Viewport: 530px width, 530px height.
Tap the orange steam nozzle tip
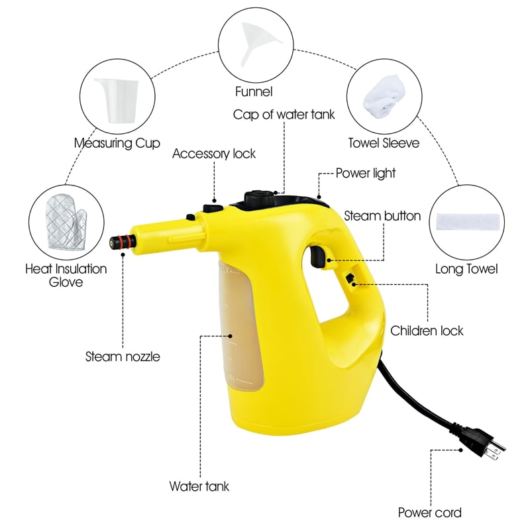coord(119,241)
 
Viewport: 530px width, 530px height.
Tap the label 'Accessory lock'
coord(213,154)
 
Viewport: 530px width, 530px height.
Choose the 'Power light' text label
coord(365,173)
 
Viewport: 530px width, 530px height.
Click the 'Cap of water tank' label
coord(284,115)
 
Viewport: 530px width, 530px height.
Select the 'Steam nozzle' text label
coord(123,356)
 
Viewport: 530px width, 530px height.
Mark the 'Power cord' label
coord(429,512)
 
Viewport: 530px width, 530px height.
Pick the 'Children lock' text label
coord(427,331)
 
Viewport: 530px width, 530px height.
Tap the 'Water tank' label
coord(199,486)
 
